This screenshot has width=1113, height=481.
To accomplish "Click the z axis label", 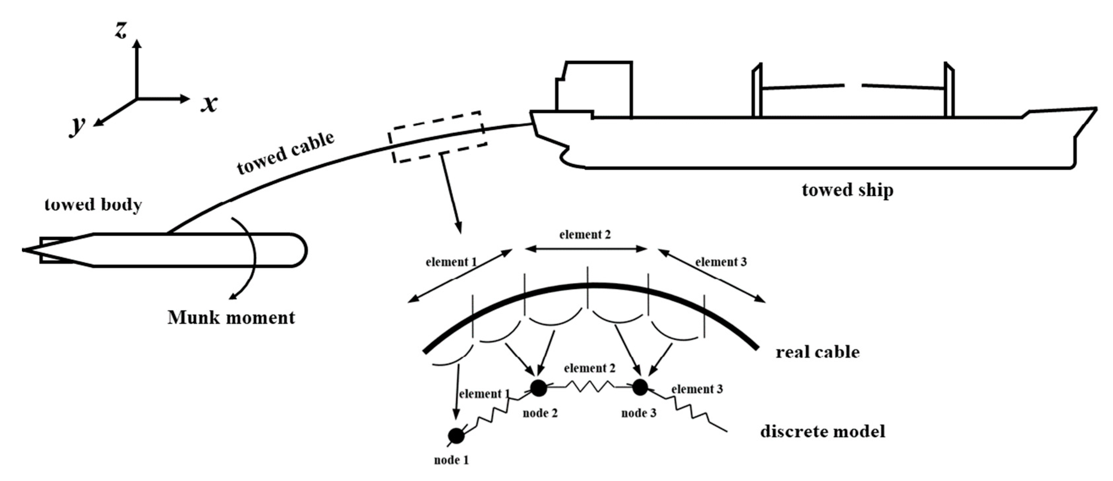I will point(121,30).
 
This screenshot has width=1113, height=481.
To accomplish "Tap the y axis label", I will point(78,125).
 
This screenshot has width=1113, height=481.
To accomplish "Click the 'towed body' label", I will point(93,205).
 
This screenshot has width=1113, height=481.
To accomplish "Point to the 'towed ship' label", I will point(847,190).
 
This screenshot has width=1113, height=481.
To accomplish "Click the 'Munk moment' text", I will point(231,318).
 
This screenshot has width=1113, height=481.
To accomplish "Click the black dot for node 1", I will point(456,436).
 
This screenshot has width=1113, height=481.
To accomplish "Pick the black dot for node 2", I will point(538,388).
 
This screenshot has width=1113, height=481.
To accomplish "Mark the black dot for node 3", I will point(640,387).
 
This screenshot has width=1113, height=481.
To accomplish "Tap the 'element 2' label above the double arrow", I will point(585,235).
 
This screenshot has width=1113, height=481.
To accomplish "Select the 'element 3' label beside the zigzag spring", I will point(696,389).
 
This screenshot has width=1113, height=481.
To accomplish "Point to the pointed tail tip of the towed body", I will point(24,250).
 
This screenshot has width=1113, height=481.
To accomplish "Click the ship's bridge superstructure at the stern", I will point(594,89).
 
